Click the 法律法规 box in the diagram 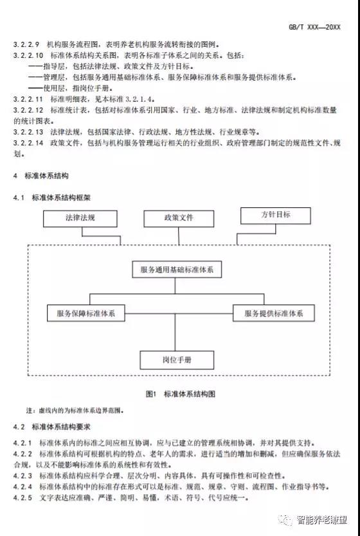click(80, 218)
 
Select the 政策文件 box click(179, 218)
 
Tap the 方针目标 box click(275, 216)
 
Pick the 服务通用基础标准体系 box click(177, 270)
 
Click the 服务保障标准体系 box click(85, 313)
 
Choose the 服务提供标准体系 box click(274, 313)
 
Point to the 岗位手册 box click(177, 360)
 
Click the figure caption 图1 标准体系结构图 click(181, 394)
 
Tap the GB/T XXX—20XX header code click(314, 27)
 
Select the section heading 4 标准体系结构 click(41, 176)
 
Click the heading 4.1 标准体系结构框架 click(52, 198)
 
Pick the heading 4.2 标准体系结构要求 click(52, 427)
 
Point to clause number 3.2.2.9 click(26, 44)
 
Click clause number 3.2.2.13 click(28, 132)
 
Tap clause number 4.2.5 click(22, 497)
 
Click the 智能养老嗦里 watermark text click(321, 520)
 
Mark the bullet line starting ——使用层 click(70, 88)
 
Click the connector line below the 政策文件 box click(179, 236)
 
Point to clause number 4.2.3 click(22, 476)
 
